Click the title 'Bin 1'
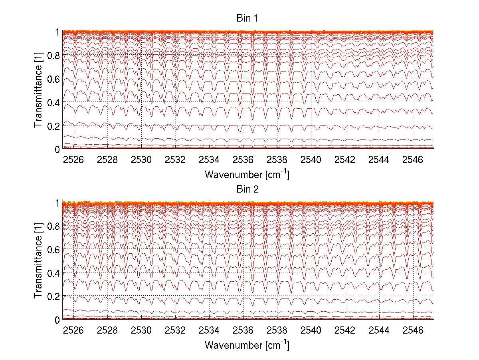[x=247, y=19]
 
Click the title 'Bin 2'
[x=247, y=189]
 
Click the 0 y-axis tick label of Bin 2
[x=57, y=320]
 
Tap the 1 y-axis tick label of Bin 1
[x=57, y=32]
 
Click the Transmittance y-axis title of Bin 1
[x=38, y=90]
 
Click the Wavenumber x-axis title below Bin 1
[x=247, y=174]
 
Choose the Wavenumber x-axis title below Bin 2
[x=247, y=345]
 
